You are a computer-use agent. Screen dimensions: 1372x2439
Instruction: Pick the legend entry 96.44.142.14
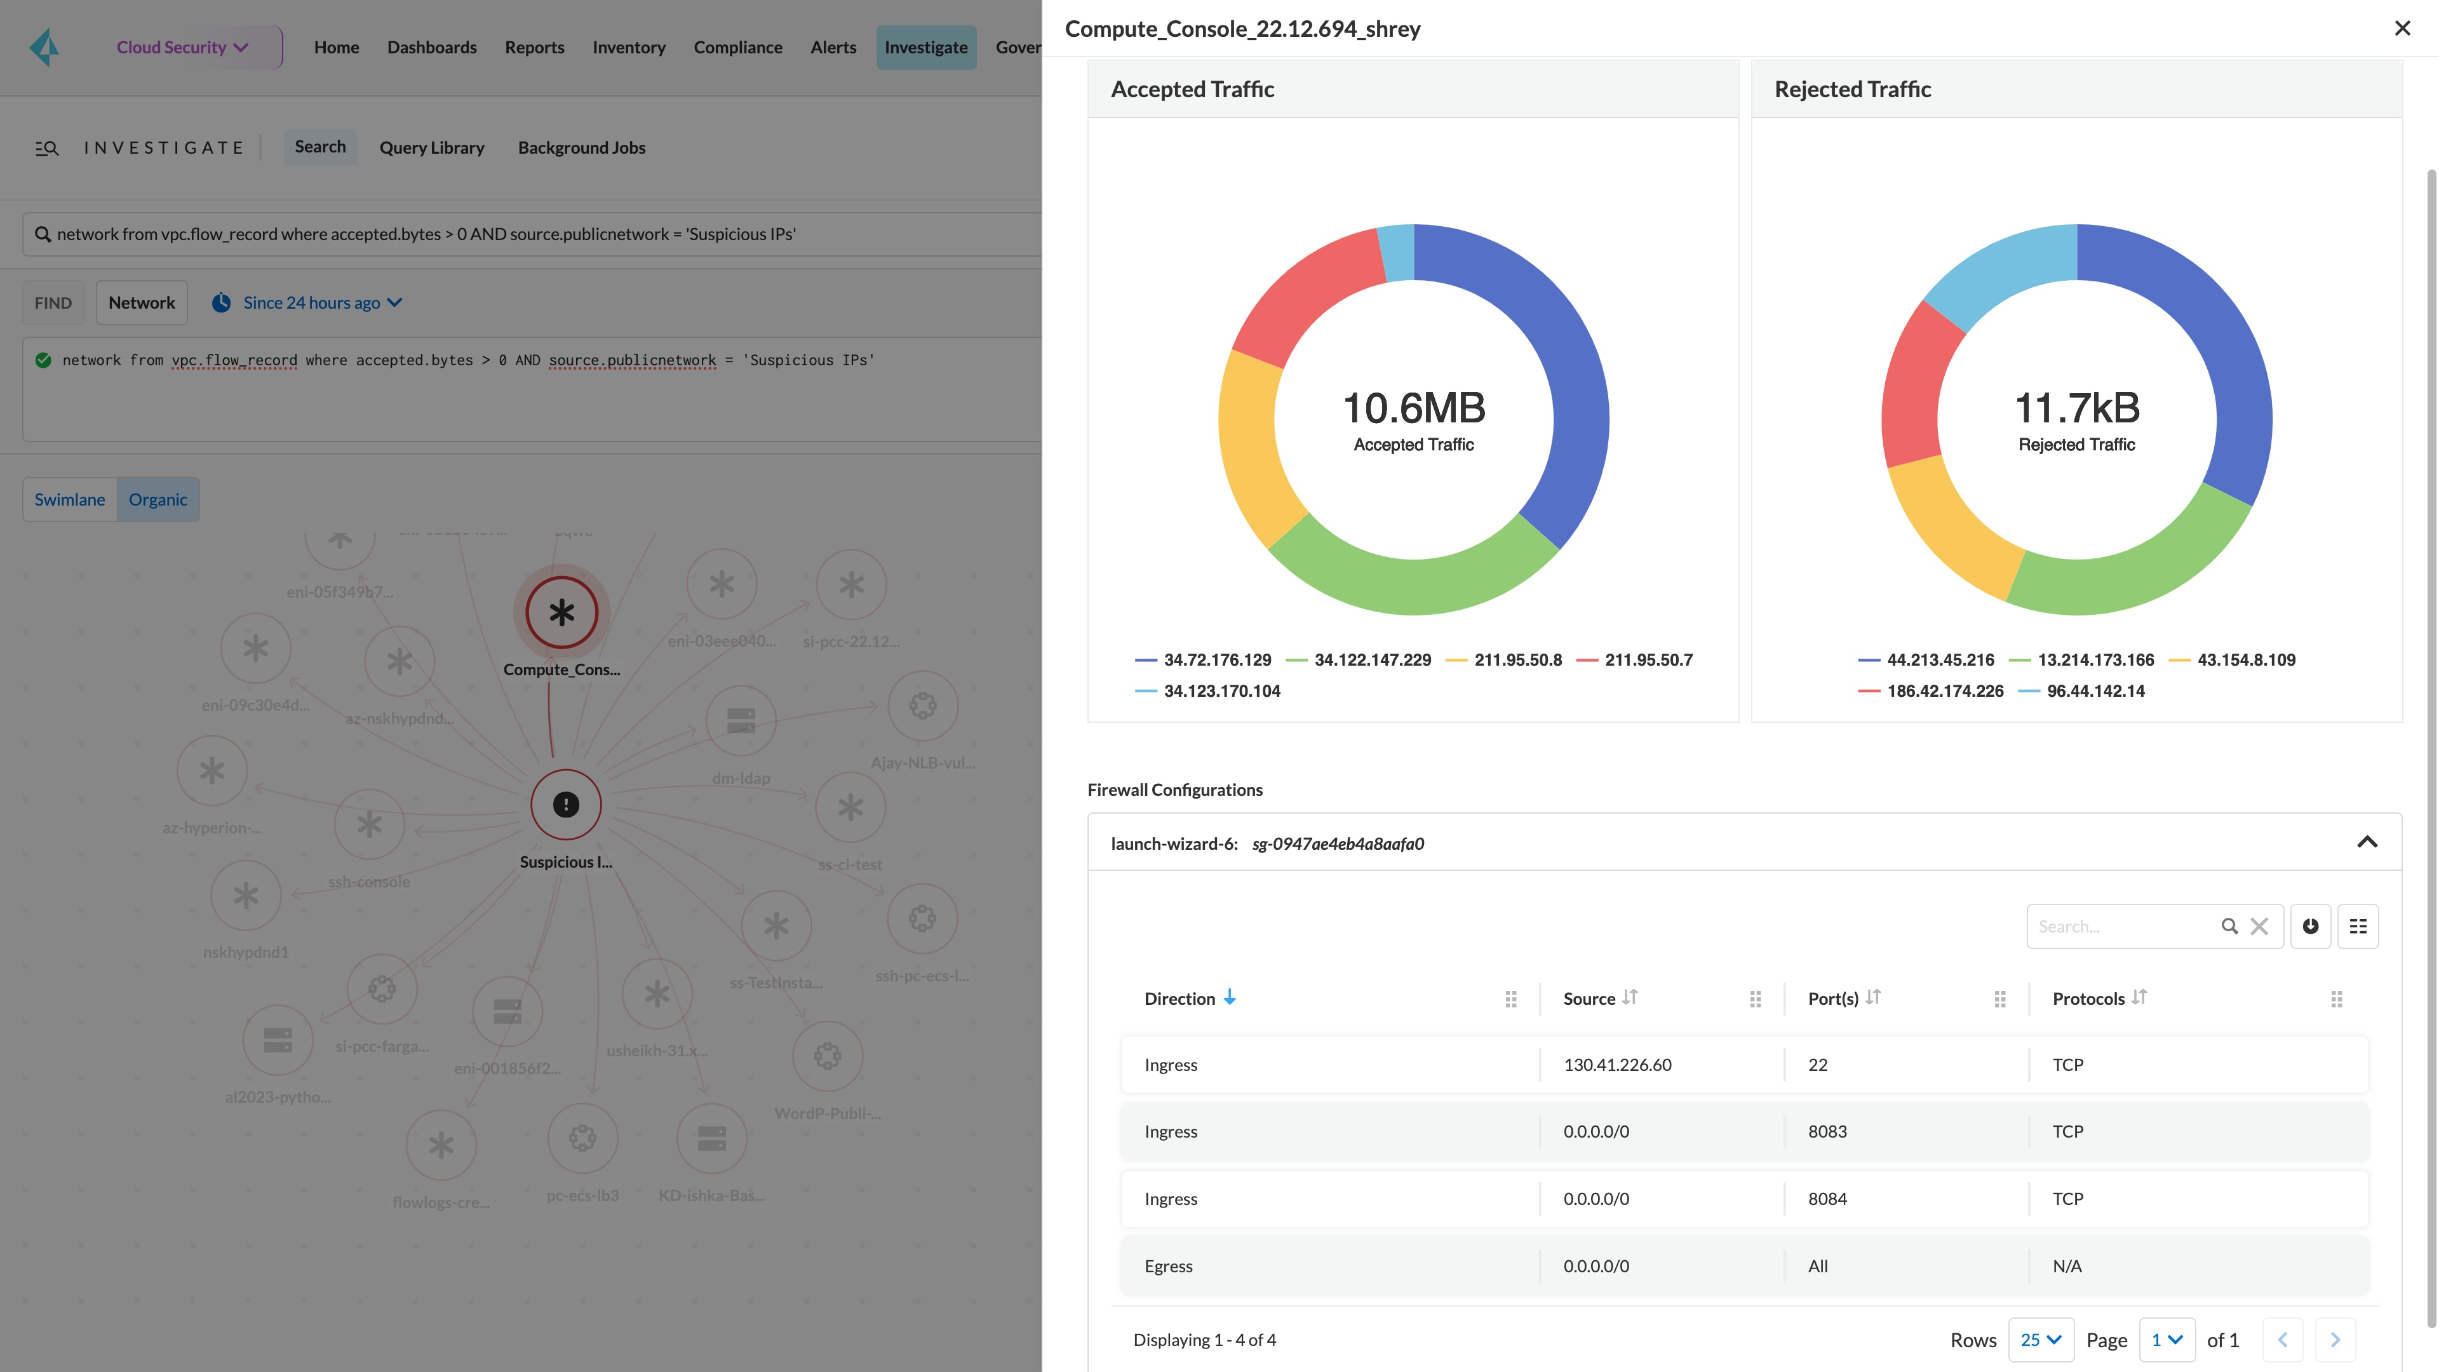pos(2094,691)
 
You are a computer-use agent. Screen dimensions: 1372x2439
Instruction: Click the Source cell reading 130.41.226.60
pos(1617,1065)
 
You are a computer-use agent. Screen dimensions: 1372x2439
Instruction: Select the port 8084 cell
pos(1827,1199)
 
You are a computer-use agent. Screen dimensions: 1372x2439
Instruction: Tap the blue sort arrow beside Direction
pos(1229,997)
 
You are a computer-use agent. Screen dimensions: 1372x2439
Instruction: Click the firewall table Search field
pos(2121,926)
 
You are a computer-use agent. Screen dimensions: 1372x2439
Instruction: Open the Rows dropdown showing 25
pos(2039,1340)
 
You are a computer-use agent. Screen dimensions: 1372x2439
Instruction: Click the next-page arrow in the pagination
pos(2334,1340)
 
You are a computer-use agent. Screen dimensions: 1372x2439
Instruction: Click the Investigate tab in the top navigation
pos(925,48)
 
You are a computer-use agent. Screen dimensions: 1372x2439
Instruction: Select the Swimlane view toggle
pos(69,499)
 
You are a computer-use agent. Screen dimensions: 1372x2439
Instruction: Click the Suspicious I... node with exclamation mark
pos(565,805)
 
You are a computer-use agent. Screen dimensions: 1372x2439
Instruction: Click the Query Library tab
pos(432,148)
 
